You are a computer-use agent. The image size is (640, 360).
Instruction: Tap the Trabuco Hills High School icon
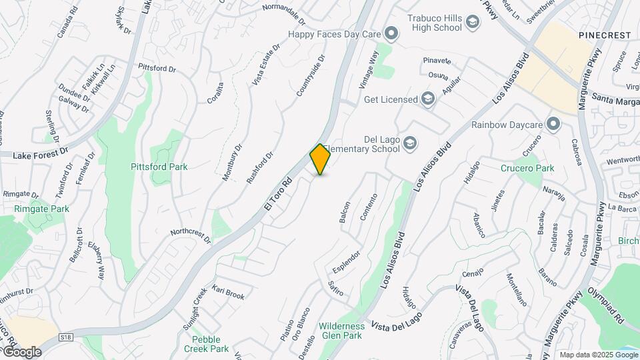pyautogui.click(x=473, y=23)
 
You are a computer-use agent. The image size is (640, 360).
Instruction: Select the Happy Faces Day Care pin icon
pyautogui.click(x=391, y=33)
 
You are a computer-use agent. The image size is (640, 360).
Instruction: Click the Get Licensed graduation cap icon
pyautogui.click(x=427, y=100)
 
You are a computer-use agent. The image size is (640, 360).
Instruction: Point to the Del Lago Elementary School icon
pyautogui.click(x=411, y=142)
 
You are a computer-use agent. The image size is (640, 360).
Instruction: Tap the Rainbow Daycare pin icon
pyautogui.click(x=553, y=124)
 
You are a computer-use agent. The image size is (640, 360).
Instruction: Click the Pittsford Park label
pyautogui.click(x=159, y=167)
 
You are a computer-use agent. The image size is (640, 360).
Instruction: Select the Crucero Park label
pyautogui.click(x=527, y=168)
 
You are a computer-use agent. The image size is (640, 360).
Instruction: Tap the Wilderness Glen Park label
pyautogui.click(x=341, y=330)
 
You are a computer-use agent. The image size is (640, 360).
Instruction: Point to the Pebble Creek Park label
pyautogui.click(x=206, y=344)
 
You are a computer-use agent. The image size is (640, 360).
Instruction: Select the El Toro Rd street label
pyautogui.click(x=279, y=194)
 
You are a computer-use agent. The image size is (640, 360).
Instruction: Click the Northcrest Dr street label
pyautogui.click(x=190, y=236)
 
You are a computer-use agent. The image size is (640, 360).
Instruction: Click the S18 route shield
pyautogui.click(x=65, y=338)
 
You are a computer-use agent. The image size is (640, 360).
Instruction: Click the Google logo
pyautogui.click(x=21, y=351)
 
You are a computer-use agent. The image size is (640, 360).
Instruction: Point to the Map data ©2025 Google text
pyautogui.click(x=598, y=355)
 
